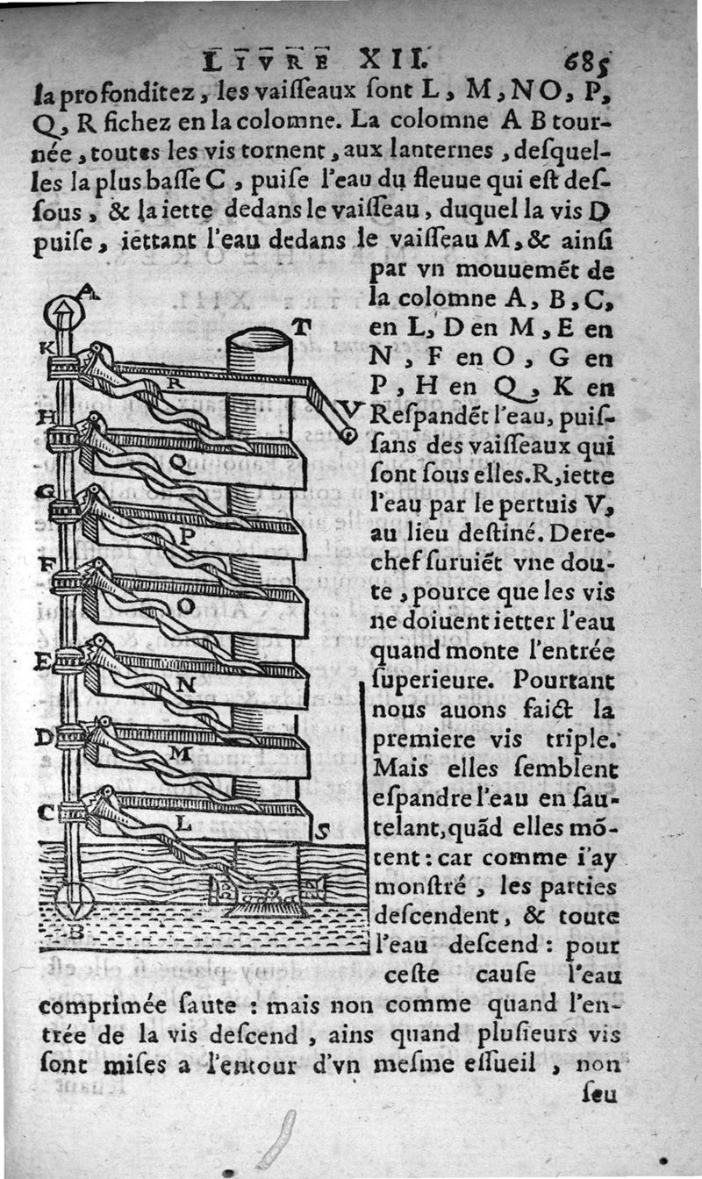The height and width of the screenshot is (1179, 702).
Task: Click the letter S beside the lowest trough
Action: pyautogui.click(x=322, y=833)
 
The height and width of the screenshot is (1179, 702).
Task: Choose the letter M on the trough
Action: pyautogui.click(x=179, y=753)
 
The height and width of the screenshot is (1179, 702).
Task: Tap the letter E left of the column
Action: pyautogui.click(x=41, y=661)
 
